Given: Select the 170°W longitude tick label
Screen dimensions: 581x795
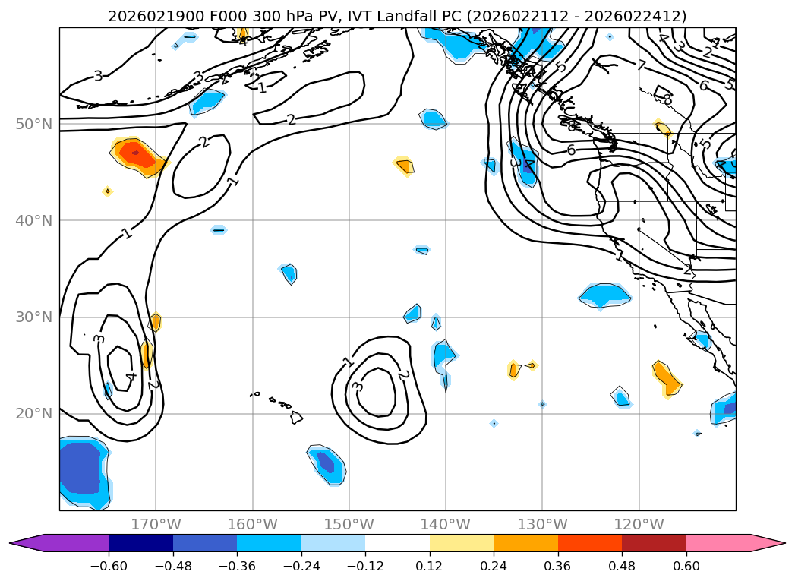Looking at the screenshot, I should pos(156,524).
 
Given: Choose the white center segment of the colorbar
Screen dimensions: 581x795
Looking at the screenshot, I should pos(397,542).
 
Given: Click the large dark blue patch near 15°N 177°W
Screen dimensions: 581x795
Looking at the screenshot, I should pos(80,469).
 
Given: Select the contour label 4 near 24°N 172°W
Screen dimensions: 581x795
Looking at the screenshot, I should pos(131,376).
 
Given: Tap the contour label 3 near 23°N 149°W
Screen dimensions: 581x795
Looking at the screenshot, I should pos(358,387).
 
